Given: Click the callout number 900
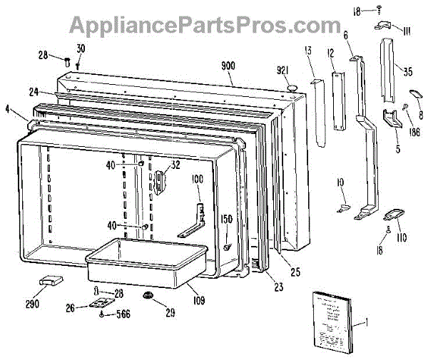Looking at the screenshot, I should tap(228, 66).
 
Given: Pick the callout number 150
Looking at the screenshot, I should tap(226, 220).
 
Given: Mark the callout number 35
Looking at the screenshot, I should tap(407, 71).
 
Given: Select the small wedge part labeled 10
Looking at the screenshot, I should tap(343, 208).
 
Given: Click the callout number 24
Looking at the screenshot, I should tap(34, 91).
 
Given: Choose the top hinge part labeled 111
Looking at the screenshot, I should tap(382, 26).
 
